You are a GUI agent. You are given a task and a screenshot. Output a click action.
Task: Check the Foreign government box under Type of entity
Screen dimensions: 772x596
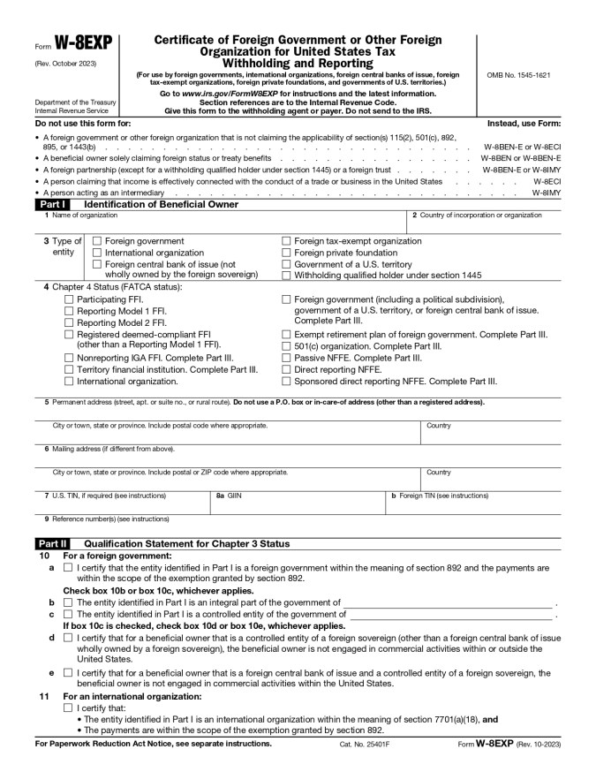click(x=97, y=241)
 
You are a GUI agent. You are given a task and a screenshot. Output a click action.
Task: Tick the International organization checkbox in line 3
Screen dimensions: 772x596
click(x=97, y=253)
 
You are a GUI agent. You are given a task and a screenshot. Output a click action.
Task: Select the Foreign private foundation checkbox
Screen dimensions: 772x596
click(x=286, y=253)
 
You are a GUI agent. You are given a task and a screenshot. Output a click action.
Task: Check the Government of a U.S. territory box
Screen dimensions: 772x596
click(x=286, y=264)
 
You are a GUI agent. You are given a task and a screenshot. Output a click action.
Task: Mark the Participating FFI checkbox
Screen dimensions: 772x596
click(x=70, y=300)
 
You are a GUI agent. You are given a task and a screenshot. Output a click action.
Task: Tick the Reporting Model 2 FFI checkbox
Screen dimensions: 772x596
click(x=70, y=323)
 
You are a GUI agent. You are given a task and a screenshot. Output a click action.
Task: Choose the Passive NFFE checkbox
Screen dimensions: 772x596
click(x=286, y=358)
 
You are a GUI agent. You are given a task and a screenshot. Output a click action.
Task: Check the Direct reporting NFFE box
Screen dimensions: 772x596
click(x=286, y=370)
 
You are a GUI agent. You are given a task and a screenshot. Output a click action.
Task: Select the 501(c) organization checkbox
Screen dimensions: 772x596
click(x=286, y=346)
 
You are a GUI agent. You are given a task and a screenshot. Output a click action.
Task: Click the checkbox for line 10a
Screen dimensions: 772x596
click(x=69, y=568)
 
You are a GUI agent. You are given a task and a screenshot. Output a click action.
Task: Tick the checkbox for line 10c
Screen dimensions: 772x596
click(x=69, y=614)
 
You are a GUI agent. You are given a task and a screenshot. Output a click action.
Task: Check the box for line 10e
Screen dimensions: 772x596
click(x=69, y=673)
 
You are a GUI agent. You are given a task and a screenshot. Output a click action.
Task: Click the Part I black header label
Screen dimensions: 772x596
click(x=51, y=205)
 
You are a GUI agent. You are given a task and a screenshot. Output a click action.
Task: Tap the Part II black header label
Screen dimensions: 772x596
click(x=51, y=543)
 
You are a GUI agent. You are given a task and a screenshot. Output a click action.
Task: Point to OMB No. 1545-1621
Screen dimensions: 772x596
click(x=518, y=75)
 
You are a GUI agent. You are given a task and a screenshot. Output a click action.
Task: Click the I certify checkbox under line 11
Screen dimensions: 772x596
click(x=69, y=708)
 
